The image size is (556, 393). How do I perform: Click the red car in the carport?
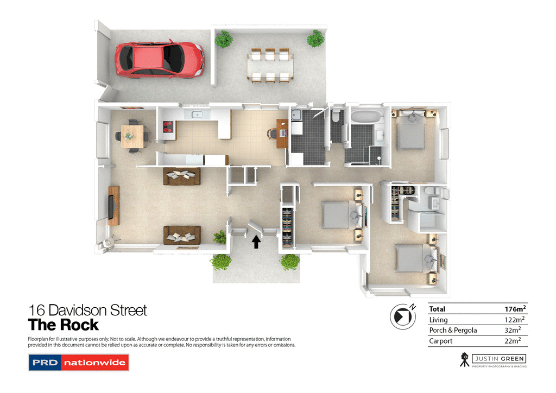pyautogui.click(x=159, y=58)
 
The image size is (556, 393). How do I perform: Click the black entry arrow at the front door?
pyautogui.click(x=256, y=241)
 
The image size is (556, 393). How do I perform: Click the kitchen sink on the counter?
pyautogui.click(x=196, y=114)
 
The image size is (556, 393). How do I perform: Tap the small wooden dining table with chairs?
pyautogui.click(x=133, y=136)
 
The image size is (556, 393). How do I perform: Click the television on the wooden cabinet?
pyautogui.click(x=111, y=205)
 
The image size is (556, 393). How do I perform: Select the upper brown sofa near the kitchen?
pyautogui.click(x=181, y=176)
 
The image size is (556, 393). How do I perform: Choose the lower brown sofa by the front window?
pyautogui.click(x=182, y=234)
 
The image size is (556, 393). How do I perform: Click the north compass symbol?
pyautogui.click(x=403, y=316)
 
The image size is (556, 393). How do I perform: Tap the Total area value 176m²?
pyautogui.click(x=515, y=309)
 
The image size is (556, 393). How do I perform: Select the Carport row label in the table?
pyautogui.click(x=441, y=341)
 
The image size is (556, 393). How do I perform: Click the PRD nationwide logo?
pyautogui.click(x=78, y=362)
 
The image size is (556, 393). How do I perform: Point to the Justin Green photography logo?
pyautogui.click(x=492, y=360)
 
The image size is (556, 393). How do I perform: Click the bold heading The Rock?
pyautogui.click(x=64, y=325)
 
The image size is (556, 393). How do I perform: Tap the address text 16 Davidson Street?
pyautogui.click(x=87, y=310)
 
